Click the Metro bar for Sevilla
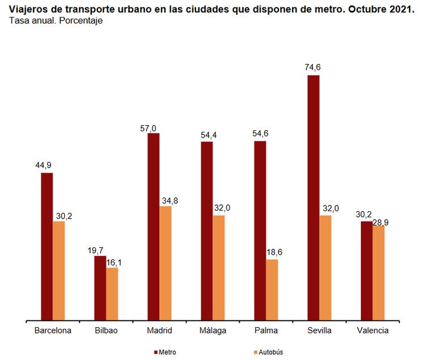(x=313, y=198)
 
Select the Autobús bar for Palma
(x=272, y=290)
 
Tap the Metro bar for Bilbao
(x=100, y=289)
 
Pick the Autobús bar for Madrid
(x=165, y=264)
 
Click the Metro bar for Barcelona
(x=46, y=247)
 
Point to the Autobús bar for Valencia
(x=379, y=273)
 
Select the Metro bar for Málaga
(x=207, y=232)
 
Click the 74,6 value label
(x=313, y=67)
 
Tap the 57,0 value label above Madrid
(x=148, y=128)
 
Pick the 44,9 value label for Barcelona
(x=43, y=165)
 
